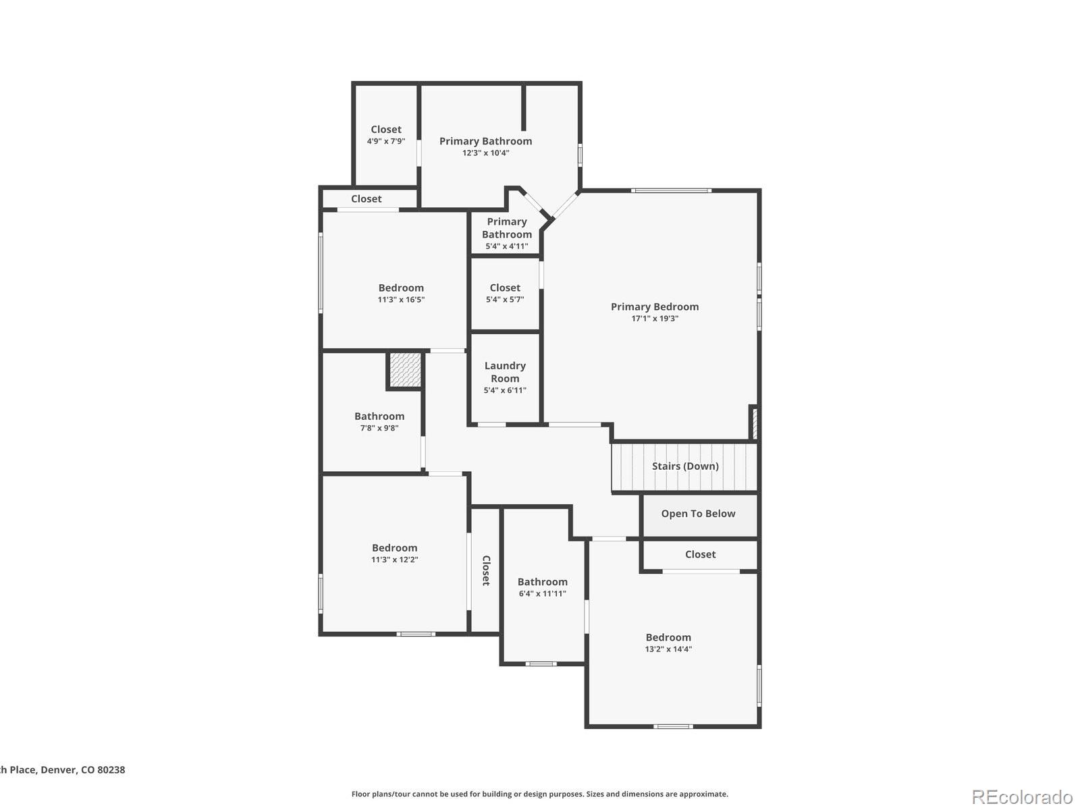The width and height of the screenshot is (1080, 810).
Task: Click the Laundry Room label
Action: (x=505, y=372)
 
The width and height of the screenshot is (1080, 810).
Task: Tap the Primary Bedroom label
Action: (x=655, y=306)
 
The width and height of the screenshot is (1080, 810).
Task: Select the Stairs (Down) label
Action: (x=685, y=466)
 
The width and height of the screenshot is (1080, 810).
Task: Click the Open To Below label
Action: (x=698, y=514)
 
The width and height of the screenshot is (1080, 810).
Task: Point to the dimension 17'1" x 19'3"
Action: (x=655, y=319)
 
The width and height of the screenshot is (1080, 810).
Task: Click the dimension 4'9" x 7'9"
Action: (x=386, y=142)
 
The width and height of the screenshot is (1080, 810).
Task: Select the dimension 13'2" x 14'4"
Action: (x=668, y=649)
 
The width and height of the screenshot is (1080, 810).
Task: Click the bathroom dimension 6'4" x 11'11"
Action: (x=542, y=594)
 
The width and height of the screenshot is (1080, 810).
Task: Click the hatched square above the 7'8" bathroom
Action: (x=405, y=370)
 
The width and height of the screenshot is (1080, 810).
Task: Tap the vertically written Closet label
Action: (x=485, y=570)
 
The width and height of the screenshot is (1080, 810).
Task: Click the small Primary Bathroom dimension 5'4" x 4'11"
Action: (x=507, y=246)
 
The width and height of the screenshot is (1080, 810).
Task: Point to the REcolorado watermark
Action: (x=1022, y=796)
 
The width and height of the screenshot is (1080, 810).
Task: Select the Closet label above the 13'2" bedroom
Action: (x=700, y=554)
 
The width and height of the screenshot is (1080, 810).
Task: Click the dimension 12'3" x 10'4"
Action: (x=485, y=153)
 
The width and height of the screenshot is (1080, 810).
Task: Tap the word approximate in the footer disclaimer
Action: (x=704, y=794)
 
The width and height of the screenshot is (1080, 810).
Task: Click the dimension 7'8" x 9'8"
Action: (x=379, y=428)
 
